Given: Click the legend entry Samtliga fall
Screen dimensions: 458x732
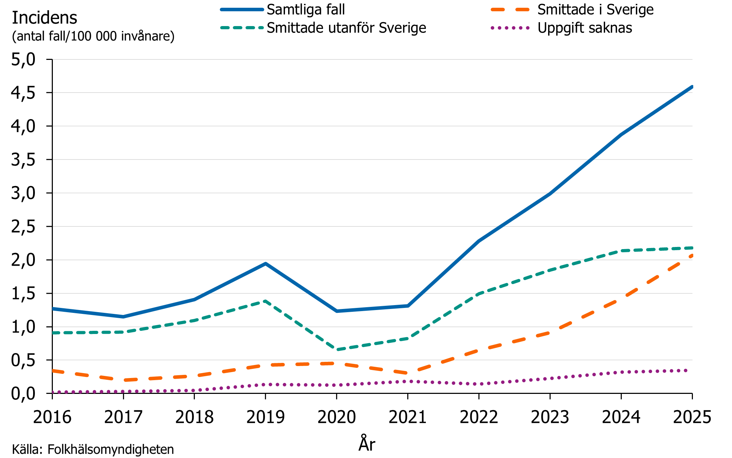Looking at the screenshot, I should [305, 10].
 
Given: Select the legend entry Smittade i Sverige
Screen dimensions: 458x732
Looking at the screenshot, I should [595, 10].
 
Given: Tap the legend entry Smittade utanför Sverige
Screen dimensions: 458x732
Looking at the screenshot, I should [346, 28].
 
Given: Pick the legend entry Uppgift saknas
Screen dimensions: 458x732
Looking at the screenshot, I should [584, 28].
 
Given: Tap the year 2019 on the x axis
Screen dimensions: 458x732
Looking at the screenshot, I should [265, 417].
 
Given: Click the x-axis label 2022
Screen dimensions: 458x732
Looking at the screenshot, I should [479, 417].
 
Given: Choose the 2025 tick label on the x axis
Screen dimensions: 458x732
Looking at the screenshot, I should [692, 417].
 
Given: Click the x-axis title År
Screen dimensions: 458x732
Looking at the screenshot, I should [367, 444].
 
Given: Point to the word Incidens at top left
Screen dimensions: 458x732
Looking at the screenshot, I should [44, 18].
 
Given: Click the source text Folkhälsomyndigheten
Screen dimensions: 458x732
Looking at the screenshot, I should [110, 450].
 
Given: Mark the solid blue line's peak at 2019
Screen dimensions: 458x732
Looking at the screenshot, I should [265, 264].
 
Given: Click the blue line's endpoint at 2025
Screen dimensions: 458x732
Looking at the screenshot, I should [692, 87].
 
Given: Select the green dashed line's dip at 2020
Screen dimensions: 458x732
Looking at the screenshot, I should [337, 349].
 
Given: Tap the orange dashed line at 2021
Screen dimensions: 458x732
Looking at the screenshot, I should [408, 373].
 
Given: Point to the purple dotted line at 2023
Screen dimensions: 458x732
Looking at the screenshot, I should [550, 378].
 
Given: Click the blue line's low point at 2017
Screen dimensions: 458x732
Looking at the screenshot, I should [123, 317].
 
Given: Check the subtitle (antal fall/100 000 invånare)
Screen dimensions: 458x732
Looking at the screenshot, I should [93, 36].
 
